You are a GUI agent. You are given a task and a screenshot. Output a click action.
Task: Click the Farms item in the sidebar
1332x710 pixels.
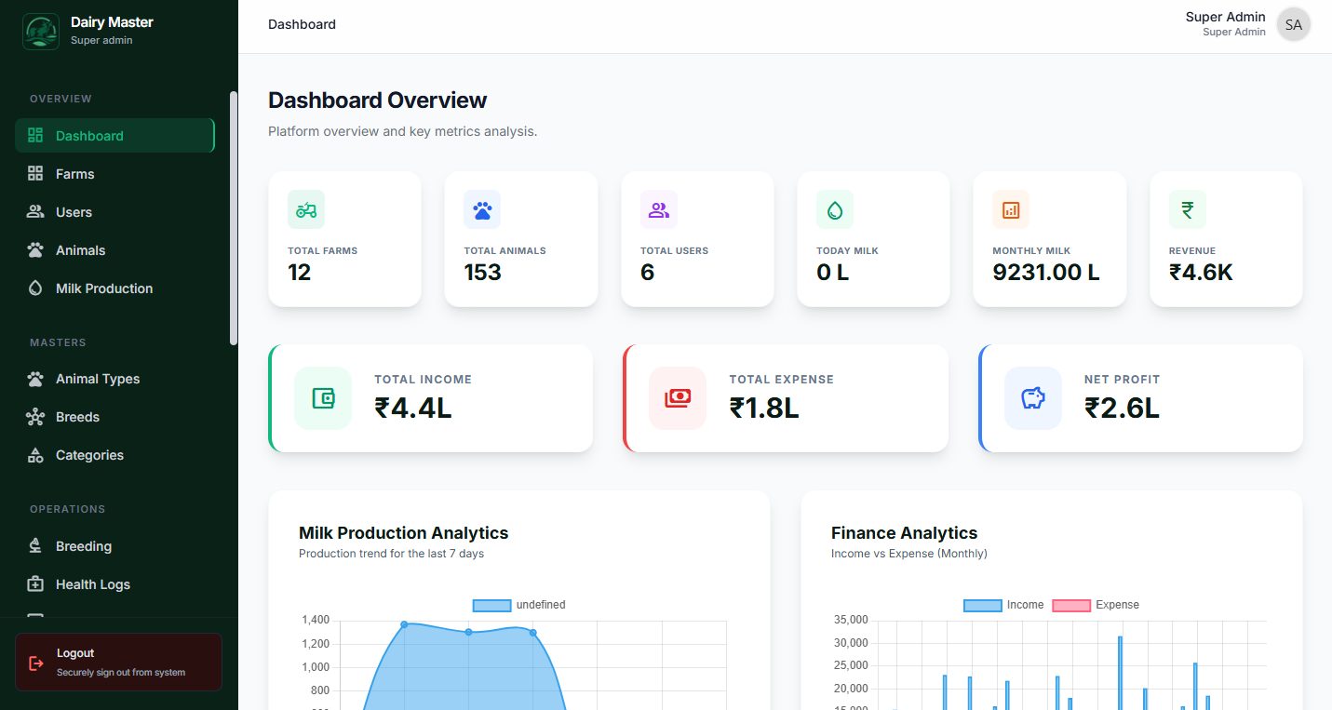pyautogui.click(x=74, y=174)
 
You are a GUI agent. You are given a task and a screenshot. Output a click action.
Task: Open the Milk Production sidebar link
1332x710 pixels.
pyautogui.click(x=103, y=288)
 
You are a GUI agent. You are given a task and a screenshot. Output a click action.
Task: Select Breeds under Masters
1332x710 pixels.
pyautogui.click(x=77, y=417)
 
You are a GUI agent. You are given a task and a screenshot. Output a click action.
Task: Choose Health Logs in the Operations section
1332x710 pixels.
pyautogui.click(x=92, y=584)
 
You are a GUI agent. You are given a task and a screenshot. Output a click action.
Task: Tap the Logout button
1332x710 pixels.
pyautogui.click(x=118, y=663)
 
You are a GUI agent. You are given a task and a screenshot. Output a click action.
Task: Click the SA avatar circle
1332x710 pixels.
pyautogui.click(x=1293, y=25)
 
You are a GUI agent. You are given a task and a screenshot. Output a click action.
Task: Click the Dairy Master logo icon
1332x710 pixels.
pyautogui.click(x=40, y=32)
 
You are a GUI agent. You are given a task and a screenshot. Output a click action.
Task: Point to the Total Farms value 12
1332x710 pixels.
pyautogui.click(x=300, y=273)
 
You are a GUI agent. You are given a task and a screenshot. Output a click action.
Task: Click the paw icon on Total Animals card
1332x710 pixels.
pyautogui.click(x=482, y=209)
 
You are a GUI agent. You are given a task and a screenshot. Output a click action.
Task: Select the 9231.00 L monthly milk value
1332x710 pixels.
pyautogui.click(x=1045, y=273)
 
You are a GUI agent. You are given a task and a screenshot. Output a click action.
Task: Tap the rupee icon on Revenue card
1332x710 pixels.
pyautogui.click(x=1187, y=209)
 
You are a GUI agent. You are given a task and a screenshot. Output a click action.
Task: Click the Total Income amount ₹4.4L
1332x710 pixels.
pyautogui.click(x=412, y=409)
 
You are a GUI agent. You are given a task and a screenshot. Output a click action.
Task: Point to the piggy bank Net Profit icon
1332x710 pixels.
pyautogui.click(x=1032, y=398)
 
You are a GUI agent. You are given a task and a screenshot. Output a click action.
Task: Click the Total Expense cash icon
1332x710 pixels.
pyautogui.click(x=678, y=398)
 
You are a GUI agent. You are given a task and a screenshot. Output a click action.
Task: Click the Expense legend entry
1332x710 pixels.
pyautogui.click(x=1096, y=605)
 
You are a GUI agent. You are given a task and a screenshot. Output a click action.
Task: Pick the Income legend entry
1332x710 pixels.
pyautogui.click(x=1004, y=605)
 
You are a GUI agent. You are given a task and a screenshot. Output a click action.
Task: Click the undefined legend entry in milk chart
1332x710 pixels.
pyautogui.click(x=519, y=605)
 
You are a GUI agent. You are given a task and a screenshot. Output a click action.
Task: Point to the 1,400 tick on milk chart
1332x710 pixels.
pyautogui.click(x=316, y=621)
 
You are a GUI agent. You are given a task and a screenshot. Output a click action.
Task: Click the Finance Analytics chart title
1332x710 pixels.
pyautogui.click(x=904, y=533)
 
